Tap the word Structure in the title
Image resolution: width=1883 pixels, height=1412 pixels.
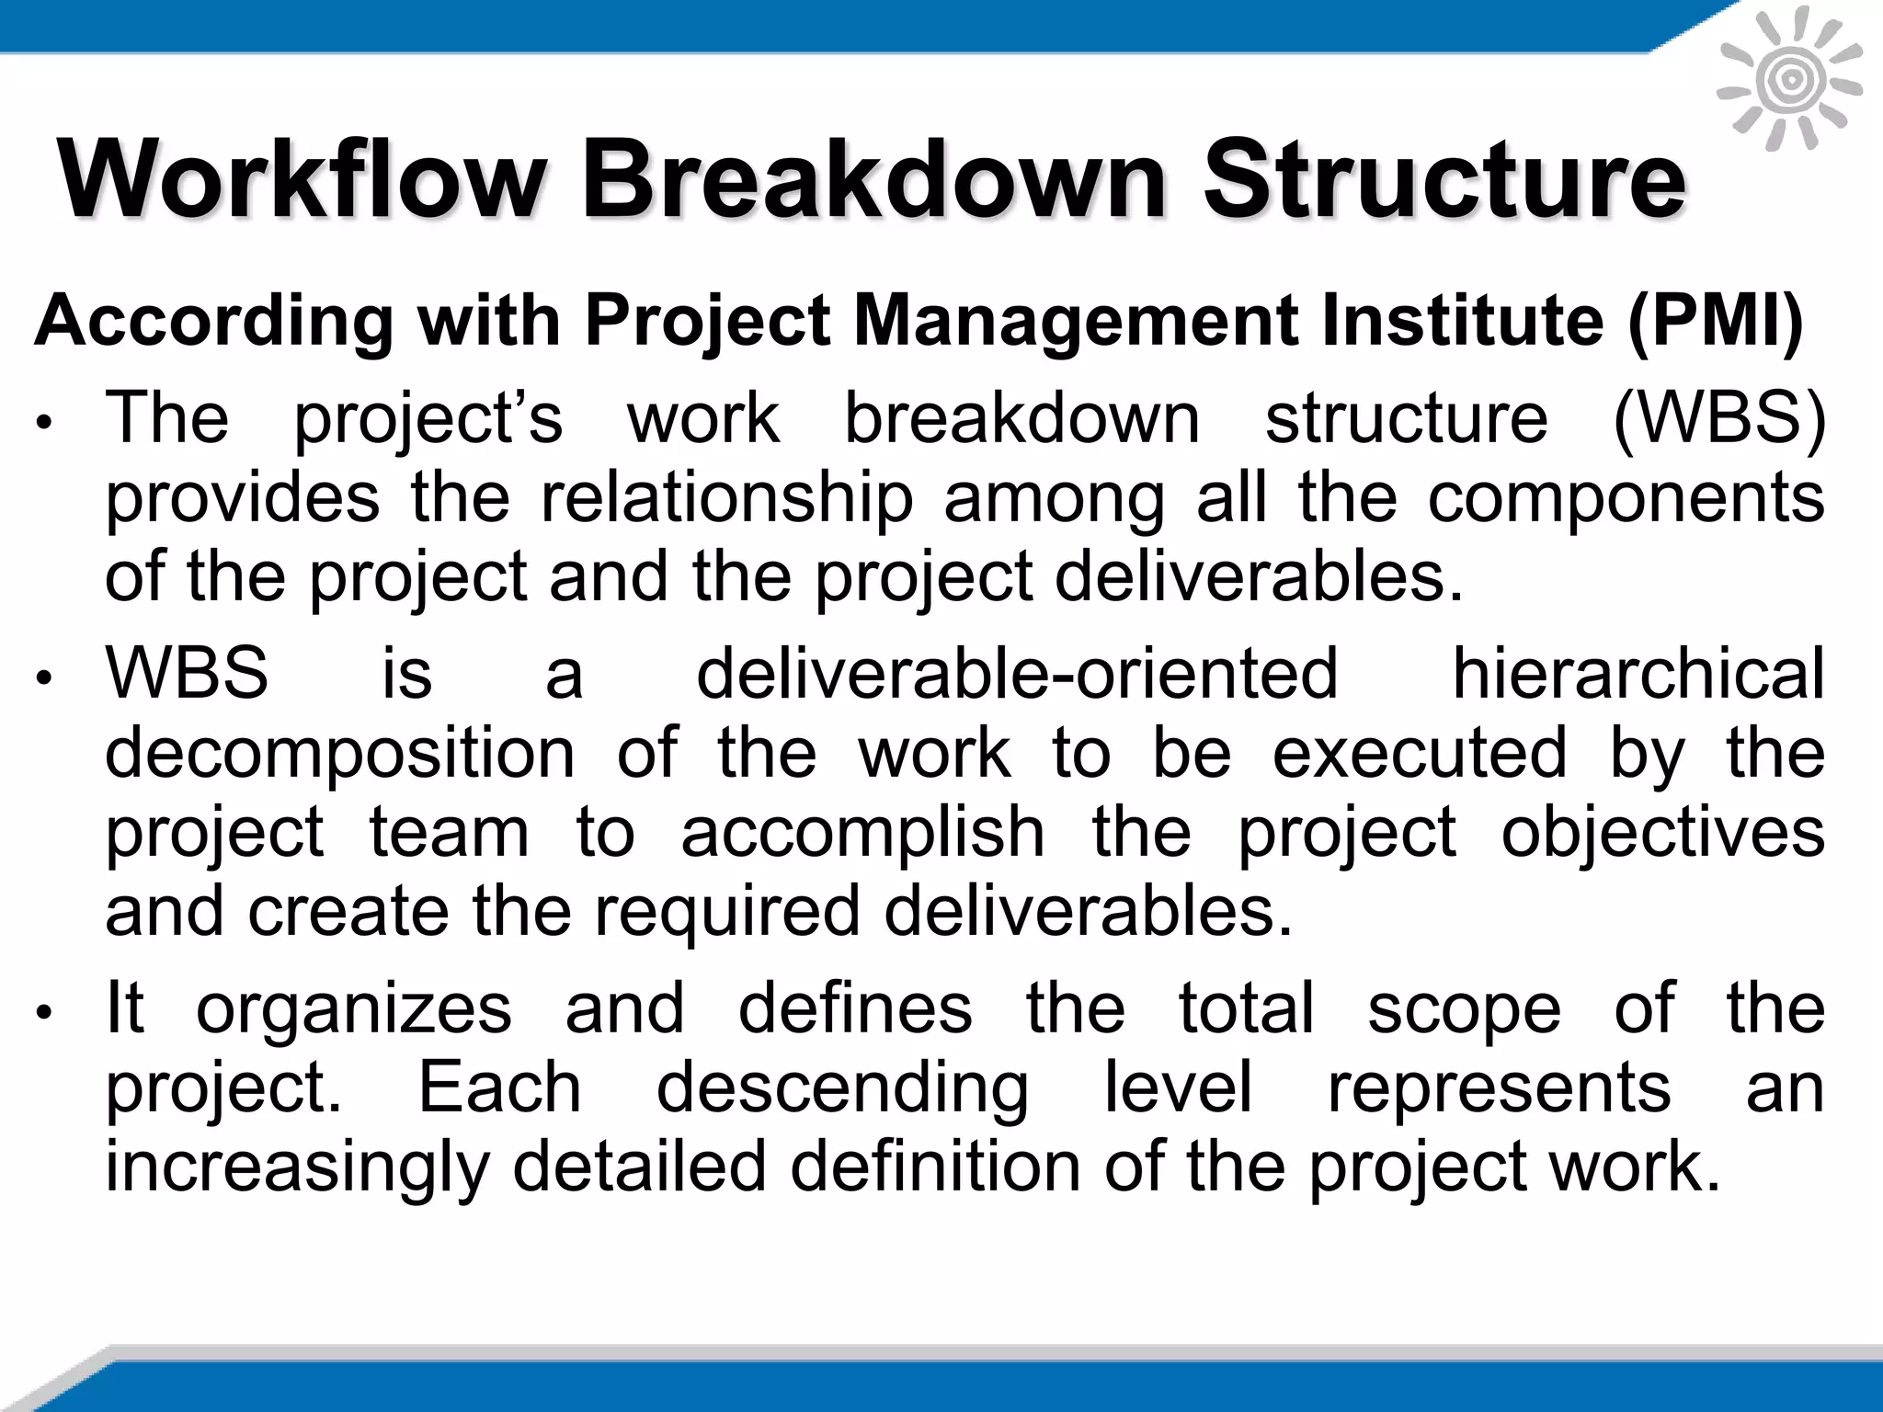point(1444,178)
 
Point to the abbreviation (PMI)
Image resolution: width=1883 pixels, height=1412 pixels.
point(1716,321)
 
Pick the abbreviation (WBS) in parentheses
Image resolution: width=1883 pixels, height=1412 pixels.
point(1720,419)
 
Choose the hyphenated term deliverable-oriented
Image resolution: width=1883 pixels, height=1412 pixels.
point(1017,673)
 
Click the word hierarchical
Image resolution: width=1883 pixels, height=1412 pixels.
point(1638,673)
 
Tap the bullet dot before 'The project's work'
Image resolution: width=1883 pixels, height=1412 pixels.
point(42,424)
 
